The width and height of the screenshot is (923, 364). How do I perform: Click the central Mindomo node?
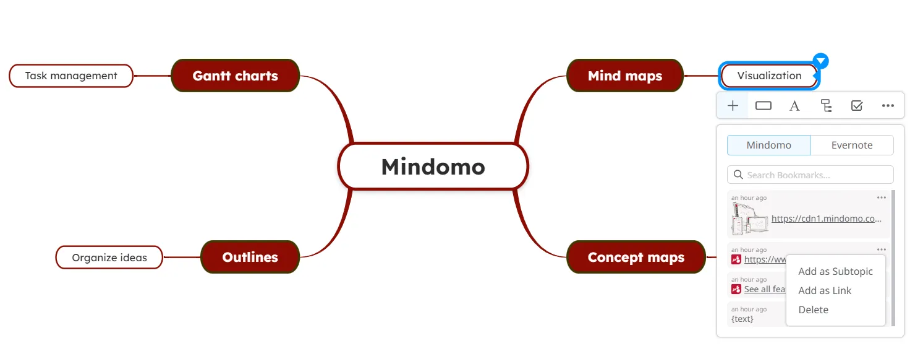pos(433,167)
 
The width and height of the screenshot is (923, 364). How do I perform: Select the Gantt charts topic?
pos(235,76)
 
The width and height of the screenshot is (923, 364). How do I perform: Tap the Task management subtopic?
pos(71,76)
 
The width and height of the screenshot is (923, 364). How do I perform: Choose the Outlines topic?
pos(250,257)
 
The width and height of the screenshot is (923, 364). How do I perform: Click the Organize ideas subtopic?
pos(109,258)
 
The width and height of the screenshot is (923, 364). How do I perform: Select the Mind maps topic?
pos(624,76)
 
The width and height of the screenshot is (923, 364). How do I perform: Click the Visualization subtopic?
pos(769,76)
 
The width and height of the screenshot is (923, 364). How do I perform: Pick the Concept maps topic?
pos(636,257)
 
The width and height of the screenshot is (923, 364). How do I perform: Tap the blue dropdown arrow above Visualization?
pos(820,61)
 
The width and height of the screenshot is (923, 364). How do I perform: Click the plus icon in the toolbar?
pos(733,106)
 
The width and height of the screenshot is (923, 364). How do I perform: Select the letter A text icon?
pos(794,106)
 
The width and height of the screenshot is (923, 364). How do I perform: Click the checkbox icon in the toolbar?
pos(857,106)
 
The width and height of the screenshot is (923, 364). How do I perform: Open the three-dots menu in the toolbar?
pos(888,106)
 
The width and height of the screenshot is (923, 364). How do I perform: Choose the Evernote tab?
pos(851,145)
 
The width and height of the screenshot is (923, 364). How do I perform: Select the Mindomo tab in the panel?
pos(768,145)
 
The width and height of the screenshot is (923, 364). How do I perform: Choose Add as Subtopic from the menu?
pos(835,271)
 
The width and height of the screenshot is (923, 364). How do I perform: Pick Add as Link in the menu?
pos(825,290)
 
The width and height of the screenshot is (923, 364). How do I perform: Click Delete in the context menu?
pos(813,310)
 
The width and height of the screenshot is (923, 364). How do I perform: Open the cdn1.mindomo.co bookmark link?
pos(826,219)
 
